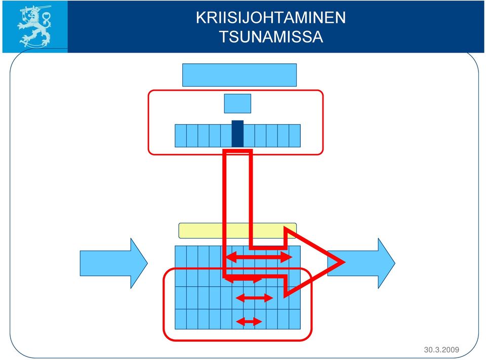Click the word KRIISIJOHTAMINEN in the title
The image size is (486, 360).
270,18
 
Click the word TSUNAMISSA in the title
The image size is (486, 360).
271,36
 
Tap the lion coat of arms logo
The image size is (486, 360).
34,27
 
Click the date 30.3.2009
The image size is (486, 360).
441,350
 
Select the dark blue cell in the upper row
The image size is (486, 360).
237,134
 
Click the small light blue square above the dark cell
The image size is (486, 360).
237,104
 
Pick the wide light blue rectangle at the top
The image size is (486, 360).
239,75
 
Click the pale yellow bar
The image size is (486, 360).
237,231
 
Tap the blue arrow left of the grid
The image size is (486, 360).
114,263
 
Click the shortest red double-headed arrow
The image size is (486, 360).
249,322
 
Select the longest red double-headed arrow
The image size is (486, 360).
259,257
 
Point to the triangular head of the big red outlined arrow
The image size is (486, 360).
313,262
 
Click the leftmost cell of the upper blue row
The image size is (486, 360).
181,136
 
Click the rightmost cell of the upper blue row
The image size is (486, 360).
295,136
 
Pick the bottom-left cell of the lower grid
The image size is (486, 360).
181,319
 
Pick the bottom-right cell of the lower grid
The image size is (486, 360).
295,319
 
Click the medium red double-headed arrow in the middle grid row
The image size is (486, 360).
254,298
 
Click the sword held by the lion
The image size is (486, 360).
35,9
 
